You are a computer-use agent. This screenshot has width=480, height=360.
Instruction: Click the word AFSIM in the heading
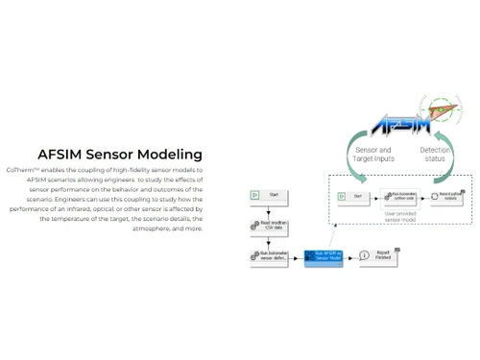(x=60, y=154)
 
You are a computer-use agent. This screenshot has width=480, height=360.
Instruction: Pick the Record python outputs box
(x=448, y=196)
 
